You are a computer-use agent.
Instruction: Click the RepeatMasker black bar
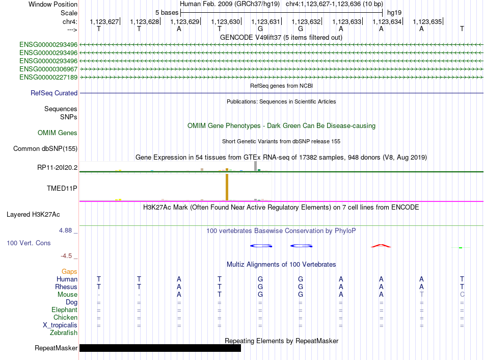click(160, 348)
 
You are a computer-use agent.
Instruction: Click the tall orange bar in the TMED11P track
click(227, 187)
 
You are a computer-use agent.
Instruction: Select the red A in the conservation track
click(381, 246)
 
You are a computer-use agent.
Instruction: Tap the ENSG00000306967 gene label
click(48, 69)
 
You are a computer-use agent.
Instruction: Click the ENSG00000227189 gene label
click(48, 78)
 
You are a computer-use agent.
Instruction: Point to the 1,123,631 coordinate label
click(265, 21)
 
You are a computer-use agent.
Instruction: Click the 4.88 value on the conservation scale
click(65, 230)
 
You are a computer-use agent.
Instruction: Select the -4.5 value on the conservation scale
click(66, 256)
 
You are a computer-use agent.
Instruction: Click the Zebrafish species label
click(64, 333)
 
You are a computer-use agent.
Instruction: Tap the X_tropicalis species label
click(60, 325)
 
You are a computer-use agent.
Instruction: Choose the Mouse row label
click(67, 295)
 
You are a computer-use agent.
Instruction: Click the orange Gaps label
click(69, 272)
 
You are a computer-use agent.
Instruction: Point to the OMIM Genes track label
click(58, 133)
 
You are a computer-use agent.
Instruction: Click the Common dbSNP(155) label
click(45, 148)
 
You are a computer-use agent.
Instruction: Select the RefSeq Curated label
click(54, 93)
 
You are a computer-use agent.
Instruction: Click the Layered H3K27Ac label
click(33, 215)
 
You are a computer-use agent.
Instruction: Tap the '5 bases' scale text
click(167, 13)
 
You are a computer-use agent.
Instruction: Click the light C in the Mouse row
click(462, 295)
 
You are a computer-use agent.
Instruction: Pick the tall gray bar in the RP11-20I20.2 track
click(256, 166)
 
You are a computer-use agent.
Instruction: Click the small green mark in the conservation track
click(461, 248)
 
